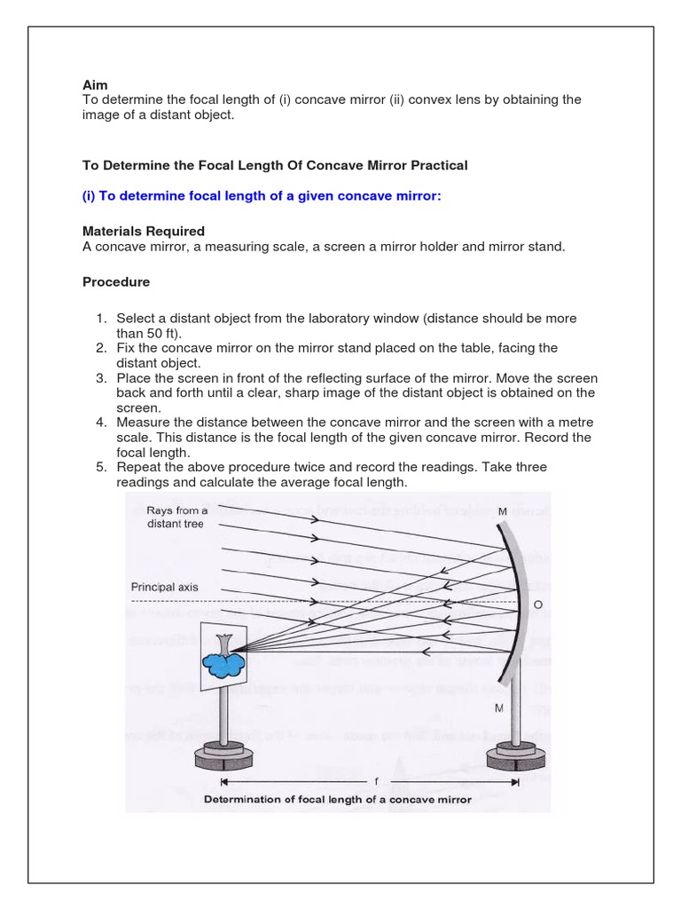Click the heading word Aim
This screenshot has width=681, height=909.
(95, 85)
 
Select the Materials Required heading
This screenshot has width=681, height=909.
(144, 231)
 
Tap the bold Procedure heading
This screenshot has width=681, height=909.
(116, 282)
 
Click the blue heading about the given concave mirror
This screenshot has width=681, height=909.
(262, 196)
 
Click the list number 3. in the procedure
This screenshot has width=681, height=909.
(101, 378)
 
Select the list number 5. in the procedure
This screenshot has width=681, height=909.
(101, 467)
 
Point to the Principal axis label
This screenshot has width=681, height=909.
(165, 587)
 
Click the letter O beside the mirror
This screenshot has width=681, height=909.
(537, 605)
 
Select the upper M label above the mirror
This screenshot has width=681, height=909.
(503, 511)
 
